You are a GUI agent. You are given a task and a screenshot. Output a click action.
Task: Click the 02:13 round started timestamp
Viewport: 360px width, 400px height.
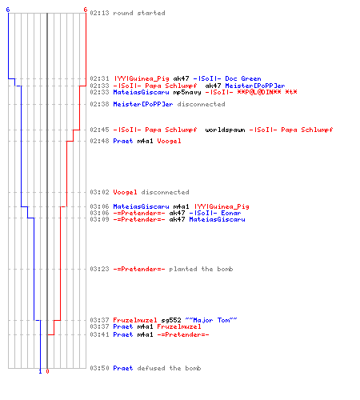click(x=99, y=13)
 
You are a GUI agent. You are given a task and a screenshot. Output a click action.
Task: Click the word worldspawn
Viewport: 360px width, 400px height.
click(x=225, y=130)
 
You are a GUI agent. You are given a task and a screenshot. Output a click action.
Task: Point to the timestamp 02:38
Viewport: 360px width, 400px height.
click(x=99, y=104)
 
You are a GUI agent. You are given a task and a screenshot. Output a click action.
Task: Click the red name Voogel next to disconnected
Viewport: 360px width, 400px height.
click(x=125, y=192)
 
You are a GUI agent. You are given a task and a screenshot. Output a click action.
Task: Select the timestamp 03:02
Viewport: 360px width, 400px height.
click(x=99, y=192)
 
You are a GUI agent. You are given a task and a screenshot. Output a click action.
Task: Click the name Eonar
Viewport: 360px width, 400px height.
click(x=231, y=213)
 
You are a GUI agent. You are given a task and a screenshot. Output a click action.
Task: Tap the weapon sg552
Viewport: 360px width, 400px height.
click(x=171, y=320)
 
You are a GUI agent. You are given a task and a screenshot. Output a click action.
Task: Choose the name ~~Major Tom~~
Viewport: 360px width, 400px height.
click(x=211, y=320)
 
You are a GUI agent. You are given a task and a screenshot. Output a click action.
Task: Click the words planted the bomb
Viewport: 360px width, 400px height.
click(x=201, y=269)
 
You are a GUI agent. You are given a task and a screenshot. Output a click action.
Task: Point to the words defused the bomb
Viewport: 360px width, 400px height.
click(x=169, y=368)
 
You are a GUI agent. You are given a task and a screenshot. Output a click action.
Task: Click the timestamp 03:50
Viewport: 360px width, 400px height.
click(x=99, y=368)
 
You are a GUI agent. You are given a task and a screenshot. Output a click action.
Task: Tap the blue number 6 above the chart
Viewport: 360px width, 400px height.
click(x=8, y=10)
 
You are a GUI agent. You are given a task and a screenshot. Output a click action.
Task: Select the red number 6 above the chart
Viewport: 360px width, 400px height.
click(x=85, y=10)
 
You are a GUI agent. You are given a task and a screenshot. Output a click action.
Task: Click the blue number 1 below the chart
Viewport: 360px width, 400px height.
click(x=40, y=371)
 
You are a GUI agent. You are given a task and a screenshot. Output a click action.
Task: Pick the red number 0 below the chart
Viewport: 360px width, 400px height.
click(x=47, y=371)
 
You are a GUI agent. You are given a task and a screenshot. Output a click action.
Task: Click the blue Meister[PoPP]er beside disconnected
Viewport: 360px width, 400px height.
click(x=143, y=104)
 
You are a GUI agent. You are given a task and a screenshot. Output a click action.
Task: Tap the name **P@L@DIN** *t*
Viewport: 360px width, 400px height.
click(x=267, y=92)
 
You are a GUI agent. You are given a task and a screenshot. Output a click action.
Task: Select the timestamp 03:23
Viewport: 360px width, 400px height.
click(x=99, y=269)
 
